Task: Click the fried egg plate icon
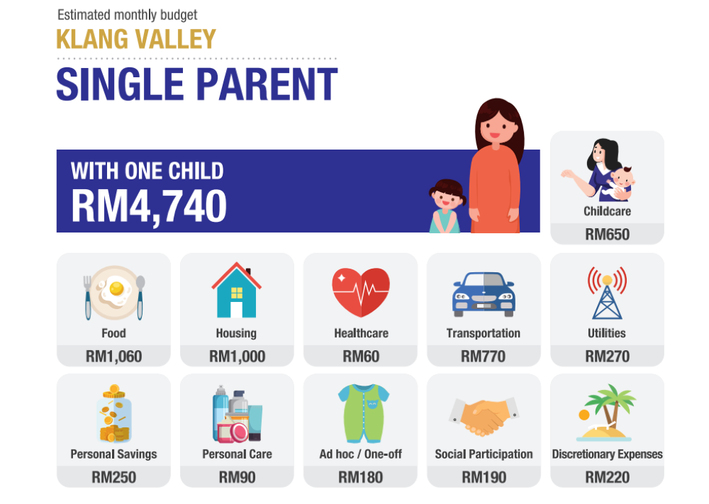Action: pos(113,292)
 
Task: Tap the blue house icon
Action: pos(236,291)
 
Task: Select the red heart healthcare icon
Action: pos(361,292)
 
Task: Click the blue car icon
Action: pos(484,292)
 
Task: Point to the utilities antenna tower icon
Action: pos(607,292)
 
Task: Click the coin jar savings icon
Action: pos(113,414)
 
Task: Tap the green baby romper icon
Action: pos(361,414)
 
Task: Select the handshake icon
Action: pos(484,416)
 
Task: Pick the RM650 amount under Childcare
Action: pos(607,235)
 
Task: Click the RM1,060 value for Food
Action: pos(113,357)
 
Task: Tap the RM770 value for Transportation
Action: pos(484,357)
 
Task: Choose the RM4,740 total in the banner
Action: pos(149,206)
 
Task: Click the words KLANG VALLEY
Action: pos(135,39)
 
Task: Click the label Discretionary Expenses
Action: pos(607,454)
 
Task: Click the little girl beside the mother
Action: pos(446,206)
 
